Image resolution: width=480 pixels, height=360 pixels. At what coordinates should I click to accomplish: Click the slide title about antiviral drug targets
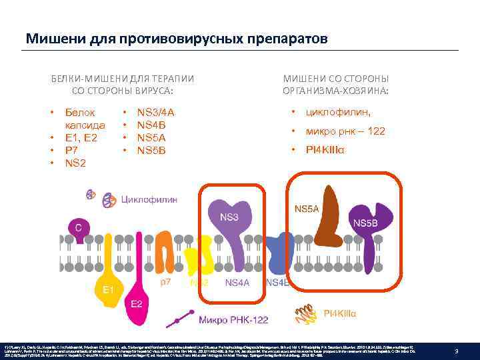177,39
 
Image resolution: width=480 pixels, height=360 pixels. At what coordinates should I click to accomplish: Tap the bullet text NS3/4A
155,113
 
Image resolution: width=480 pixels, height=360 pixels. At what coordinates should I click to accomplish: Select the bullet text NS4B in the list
151,125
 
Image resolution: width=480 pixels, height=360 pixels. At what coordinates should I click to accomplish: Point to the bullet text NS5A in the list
151,137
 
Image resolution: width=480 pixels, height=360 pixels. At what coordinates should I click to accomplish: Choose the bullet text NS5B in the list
151,150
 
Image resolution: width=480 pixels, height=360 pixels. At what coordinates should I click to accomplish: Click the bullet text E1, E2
81,138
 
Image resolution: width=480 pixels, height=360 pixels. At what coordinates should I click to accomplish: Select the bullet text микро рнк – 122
345,131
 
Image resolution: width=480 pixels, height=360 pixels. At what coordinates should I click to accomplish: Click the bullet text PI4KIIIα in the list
325,150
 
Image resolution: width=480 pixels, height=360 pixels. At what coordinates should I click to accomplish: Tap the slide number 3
455,351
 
